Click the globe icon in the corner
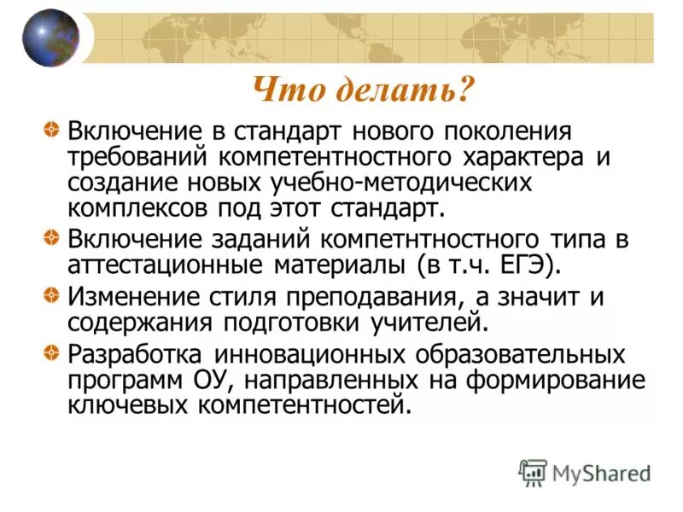tap(50, 38)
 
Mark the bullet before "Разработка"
tap(53, 352)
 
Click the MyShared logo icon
tap(533, 471)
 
